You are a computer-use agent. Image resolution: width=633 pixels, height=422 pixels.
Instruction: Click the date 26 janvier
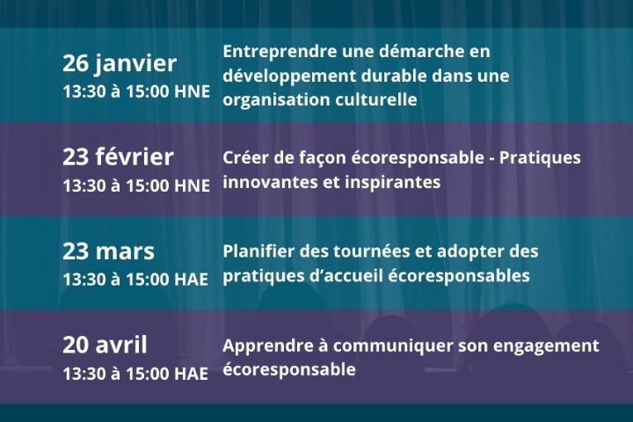(x=120, y=64)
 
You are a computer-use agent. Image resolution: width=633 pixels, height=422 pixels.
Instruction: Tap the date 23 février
(x=118, y=156)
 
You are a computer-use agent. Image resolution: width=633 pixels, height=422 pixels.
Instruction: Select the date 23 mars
(x=108, y=251)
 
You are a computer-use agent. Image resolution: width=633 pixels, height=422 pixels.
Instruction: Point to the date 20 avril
(x=105, y=345)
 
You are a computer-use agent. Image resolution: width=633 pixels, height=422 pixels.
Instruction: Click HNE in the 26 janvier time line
(x=192, y=91)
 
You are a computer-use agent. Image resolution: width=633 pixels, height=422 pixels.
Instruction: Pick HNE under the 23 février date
(x=192, y=186)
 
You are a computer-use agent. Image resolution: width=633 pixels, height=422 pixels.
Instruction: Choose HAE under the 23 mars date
(x=191, y=280)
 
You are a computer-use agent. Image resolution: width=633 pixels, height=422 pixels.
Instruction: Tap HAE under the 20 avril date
(x=191, y=374)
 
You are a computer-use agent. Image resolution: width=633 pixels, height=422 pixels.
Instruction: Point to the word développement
(x=289, y=76)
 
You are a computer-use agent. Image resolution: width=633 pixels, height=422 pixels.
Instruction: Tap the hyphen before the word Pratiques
(x=491, y=159)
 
